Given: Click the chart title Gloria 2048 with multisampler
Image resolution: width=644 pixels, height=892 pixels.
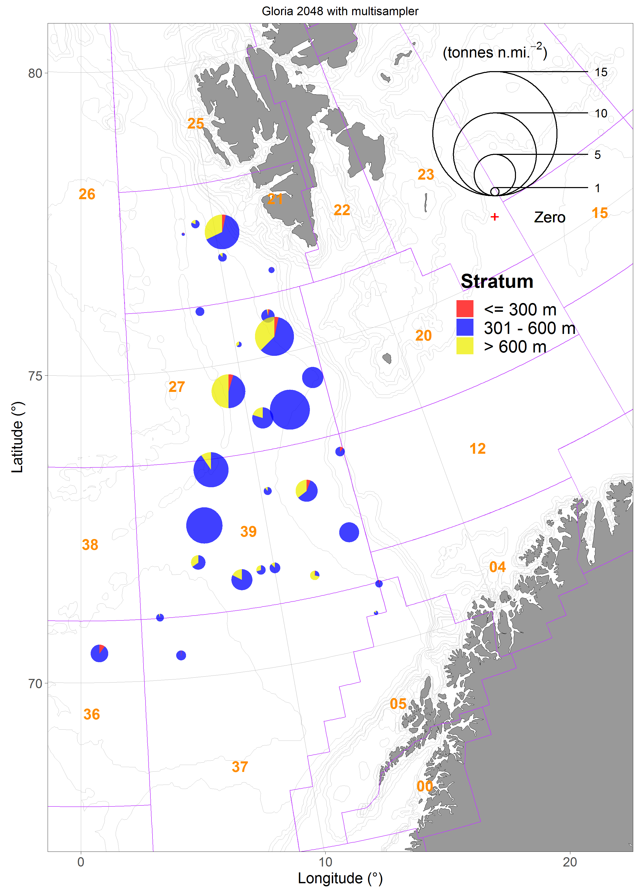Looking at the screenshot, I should pyautogui.click(x=340, y=11).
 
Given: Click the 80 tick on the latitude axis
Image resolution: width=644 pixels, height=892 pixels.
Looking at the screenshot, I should pyautogui.click(x=35, y=73).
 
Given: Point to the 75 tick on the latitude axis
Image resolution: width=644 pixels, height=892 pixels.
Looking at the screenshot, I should pyautogui.click(x=35, y=376).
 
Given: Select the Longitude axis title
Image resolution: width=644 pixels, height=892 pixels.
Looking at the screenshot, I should pyautogui.click(x=340, y=878).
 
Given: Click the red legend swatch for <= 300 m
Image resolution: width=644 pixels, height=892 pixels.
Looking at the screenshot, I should pyautogui.click(x=465, y=309).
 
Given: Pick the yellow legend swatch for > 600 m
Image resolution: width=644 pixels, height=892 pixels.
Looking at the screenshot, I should pyautogui.click(x=465, y=346).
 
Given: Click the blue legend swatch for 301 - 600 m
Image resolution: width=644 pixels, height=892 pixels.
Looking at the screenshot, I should pyautogui.click(x=465, y=327).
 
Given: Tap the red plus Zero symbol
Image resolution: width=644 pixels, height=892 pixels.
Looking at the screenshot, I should pyautogui.click(x=495, y=217).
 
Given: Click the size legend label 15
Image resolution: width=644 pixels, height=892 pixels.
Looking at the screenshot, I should pyautogui.click(x=601, y=72).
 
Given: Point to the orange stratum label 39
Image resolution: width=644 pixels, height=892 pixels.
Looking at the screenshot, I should pyautogui.click(x=249, y=531).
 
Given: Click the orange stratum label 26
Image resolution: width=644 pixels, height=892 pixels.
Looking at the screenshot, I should pyautogui.click(x=87, y=194).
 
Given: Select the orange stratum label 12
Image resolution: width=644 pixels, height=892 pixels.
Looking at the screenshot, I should pyautogui.click(x=477, y=449).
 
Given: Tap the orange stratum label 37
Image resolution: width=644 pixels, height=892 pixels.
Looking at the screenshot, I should pyautogui.click(x=240, y=767).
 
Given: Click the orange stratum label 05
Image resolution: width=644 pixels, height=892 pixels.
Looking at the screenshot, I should pyautogui.click(x=398, y=704).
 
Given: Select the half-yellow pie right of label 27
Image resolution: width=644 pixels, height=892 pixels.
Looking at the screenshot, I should pyautogui.click(x=228, y=391).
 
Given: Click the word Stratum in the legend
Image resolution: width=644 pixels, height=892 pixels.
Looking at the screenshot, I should pyautogui.click(x=497, y=281).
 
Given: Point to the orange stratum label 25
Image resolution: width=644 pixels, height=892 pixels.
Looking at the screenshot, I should pyautogui.click(x=196, y=123).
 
